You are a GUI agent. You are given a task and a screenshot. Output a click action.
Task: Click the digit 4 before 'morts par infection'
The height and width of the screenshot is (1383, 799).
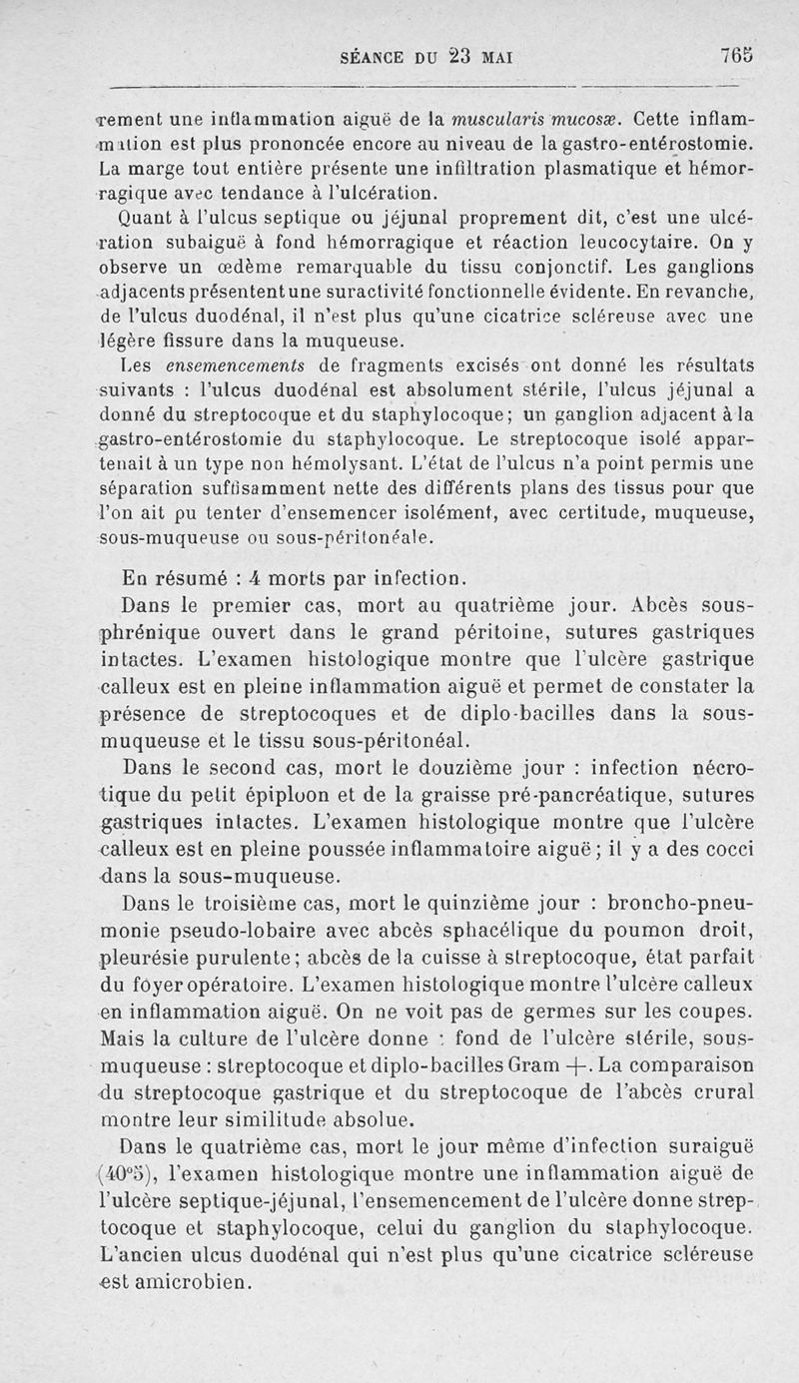255,579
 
